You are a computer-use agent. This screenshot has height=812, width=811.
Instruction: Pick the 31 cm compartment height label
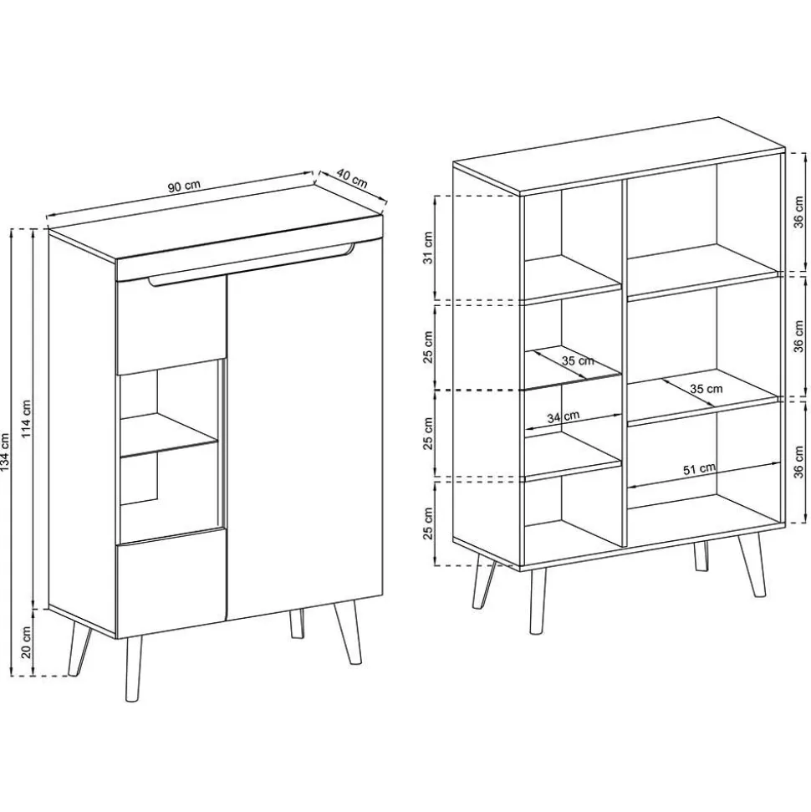pos(427,247)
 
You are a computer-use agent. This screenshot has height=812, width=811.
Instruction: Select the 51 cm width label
pos(699,469)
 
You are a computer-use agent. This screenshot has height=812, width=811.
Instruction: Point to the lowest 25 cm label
pos(427,524)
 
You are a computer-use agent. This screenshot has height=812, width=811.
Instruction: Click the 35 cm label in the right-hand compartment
pos(706,389)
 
